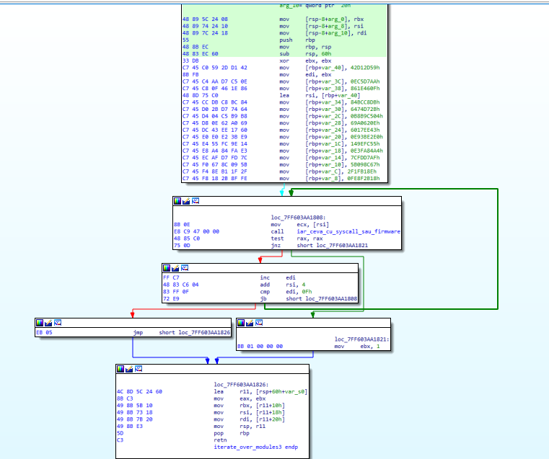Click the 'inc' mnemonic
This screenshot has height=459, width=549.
point(265,277)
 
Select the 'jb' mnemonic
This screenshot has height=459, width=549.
point(264,298)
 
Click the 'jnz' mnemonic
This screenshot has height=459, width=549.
point(275,246)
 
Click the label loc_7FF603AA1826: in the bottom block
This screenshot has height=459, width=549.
point(242,384)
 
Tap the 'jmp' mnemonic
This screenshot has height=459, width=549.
point(139,332)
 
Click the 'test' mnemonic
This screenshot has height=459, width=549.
point(277,239)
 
